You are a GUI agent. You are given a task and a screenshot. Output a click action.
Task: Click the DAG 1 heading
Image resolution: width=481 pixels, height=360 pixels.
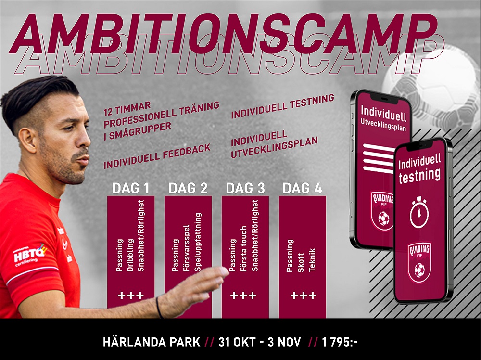131,188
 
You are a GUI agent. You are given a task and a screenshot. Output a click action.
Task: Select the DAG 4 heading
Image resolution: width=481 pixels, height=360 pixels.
302,188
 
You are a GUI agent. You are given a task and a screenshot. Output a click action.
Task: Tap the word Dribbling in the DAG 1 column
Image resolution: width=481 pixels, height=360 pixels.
130,256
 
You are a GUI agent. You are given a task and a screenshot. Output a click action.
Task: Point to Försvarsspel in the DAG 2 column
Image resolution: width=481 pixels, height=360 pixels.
186,249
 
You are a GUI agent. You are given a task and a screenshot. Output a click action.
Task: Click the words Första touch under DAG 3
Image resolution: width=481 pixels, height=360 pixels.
243,249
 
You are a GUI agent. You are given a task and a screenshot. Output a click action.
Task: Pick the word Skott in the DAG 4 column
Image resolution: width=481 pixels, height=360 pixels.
301,263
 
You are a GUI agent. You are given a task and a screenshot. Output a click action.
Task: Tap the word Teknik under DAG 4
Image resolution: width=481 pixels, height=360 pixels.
312,260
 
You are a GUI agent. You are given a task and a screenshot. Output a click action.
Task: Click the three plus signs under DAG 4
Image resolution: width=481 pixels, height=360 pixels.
303,296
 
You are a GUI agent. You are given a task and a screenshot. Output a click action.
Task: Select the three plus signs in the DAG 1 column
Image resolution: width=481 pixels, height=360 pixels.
131,296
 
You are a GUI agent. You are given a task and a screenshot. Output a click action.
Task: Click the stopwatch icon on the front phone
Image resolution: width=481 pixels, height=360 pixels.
419,212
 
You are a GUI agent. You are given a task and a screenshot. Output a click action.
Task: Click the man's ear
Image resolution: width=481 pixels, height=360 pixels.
27,141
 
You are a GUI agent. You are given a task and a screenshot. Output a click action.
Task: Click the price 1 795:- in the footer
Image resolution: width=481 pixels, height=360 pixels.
340,342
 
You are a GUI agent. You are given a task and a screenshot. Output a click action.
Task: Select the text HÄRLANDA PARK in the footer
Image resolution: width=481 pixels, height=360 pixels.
152,342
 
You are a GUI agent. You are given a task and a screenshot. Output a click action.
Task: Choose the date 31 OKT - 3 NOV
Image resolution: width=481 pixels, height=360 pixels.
260,342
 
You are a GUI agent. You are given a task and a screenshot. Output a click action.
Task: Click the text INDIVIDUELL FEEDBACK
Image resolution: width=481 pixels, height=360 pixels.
157,156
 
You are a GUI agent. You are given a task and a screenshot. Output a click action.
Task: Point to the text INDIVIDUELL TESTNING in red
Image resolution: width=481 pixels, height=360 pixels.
282,106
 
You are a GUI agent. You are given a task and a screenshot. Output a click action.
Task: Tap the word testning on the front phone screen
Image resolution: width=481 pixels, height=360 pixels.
419,175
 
